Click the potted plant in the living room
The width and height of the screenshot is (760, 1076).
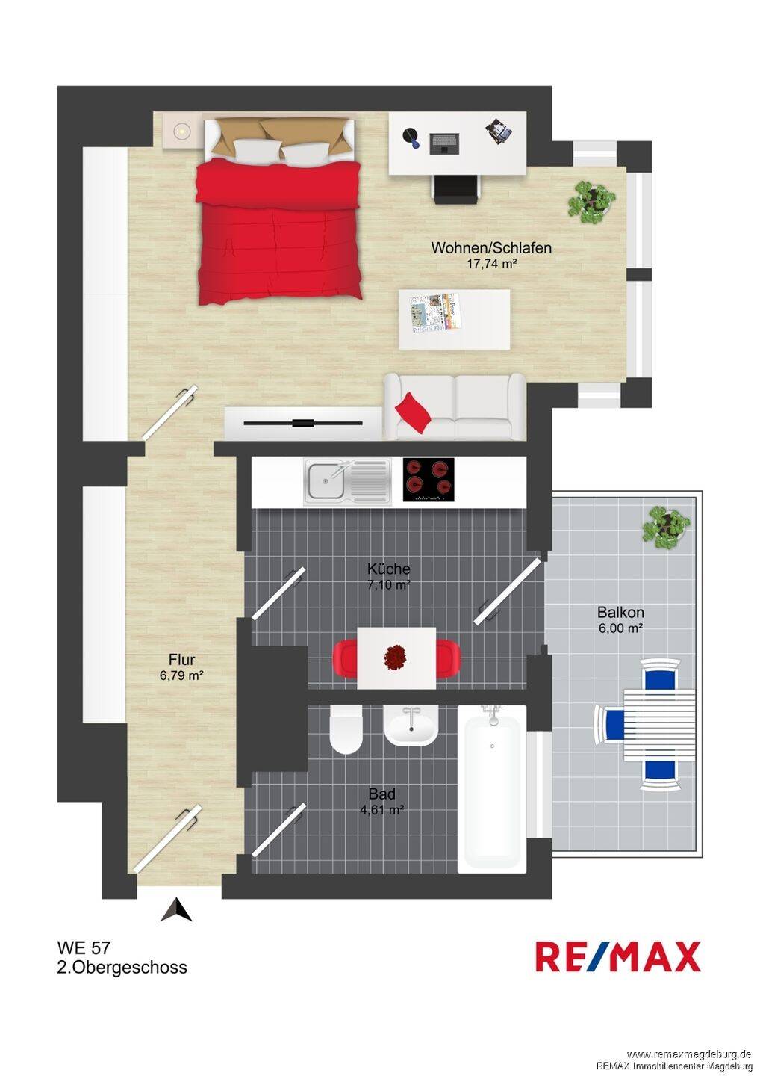click(x=591, y=202)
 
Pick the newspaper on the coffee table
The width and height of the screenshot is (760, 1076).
click(x=434, y=312)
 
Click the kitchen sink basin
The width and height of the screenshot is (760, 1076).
click(x=325, y=480)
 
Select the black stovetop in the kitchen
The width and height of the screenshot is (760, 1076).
click(x=429, y=480)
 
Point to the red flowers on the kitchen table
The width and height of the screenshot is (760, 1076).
click(x=396, y=657)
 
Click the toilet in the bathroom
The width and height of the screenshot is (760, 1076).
click(x=346, y=729)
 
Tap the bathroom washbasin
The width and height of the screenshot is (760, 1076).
click(x=411, y=726)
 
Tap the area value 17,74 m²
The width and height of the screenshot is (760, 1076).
click(x=491, y=264)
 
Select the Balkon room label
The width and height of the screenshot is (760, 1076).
click(x=620, y=613)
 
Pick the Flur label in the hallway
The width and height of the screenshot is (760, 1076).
click(x=182, y=660)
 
